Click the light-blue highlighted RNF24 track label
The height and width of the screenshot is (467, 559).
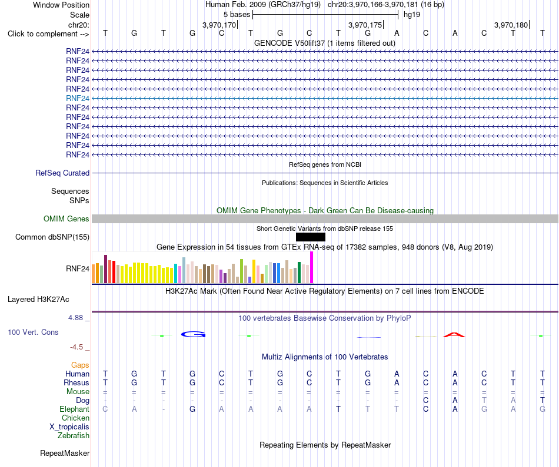click(77, 98)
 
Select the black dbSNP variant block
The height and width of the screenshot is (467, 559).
click(311, 237)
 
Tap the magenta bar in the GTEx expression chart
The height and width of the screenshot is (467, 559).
click(312, 267)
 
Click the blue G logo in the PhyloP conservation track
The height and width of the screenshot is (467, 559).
click(193, 334)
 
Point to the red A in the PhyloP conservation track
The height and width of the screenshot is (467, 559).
click(454, 335)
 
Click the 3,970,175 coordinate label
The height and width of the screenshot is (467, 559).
click(365, 25)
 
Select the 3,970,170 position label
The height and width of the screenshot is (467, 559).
click(219, 25)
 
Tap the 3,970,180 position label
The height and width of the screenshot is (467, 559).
click(511, 25)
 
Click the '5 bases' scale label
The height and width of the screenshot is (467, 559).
click(237, 15)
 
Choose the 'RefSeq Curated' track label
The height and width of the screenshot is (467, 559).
click(62, 173)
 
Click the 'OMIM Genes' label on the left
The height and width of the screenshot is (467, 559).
click(66, 219)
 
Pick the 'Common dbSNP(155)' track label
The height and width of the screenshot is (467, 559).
click(52, 237)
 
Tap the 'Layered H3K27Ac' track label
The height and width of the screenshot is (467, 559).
click(38, 300)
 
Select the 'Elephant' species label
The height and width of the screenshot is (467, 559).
click(75, 409)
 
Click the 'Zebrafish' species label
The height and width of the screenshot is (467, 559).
click(74, 435)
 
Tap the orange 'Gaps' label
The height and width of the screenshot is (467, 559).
click(80, 365)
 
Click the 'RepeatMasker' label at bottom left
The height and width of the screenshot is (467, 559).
click(65, 453)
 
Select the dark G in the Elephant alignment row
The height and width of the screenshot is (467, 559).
click(192, 409)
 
